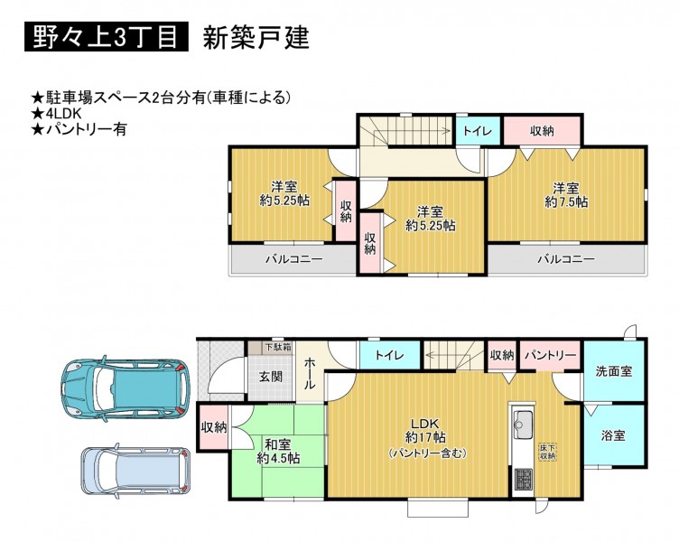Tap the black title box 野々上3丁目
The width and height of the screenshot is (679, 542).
tap(107, 37)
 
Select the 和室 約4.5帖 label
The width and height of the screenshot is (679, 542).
tap(278, 451)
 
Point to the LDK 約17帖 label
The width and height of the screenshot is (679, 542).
tap(427, 437)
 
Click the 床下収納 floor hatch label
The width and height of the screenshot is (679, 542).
tap(547, 451)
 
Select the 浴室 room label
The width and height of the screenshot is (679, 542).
tap(613, 435)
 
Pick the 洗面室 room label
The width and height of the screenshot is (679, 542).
tap(614, 371)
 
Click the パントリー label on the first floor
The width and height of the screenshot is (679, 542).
tap(551, 356)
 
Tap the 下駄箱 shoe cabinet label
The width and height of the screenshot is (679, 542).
tap(278, 347)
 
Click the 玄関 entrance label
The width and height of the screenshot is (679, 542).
tap(271, 377)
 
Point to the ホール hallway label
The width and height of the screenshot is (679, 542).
tap(309, 373)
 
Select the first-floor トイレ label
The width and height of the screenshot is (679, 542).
tap(389, 356)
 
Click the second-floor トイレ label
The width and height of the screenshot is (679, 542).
tap(478, 131)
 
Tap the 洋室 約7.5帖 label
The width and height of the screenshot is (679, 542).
tap(566, 195)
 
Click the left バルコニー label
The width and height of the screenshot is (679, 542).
tap(293, 259)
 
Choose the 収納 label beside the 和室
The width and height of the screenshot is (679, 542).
tap(214, 427)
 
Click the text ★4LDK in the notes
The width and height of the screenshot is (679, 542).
tap(57, 113)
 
